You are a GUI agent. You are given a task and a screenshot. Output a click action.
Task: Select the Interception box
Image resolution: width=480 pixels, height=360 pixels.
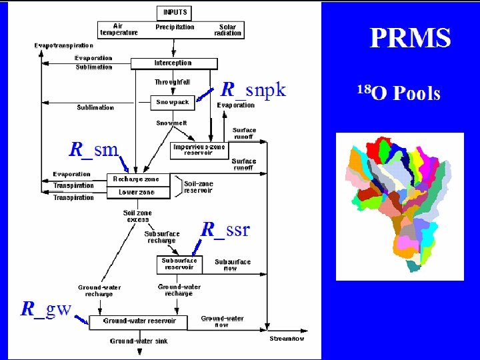(173, 63)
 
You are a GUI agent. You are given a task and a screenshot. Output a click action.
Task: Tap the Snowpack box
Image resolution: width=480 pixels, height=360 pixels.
(173, 103)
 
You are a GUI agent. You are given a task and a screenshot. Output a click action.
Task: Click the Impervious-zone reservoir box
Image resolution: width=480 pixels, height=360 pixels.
(199, 149)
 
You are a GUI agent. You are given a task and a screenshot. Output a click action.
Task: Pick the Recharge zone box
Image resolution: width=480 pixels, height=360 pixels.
(136, 179)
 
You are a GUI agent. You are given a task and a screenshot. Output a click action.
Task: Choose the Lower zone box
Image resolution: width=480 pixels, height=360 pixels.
(136, 192)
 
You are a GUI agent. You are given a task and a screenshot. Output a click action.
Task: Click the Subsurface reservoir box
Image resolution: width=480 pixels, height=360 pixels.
(179, 264)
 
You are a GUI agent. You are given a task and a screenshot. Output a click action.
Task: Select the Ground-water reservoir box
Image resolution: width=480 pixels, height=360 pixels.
(139, 321)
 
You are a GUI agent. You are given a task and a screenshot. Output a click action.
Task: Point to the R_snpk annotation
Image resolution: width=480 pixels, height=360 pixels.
(253, 89)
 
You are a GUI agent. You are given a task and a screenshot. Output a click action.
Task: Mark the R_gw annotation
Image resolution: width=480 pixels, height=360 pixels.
(46, 309)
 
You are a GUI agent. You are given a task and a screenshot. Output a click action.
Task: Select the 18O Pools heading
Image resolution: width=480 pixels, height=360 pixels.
(399, 93)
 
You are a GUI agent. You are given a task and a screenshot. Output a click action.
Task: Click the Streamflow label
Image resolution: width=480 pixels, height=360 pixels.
(287, 339)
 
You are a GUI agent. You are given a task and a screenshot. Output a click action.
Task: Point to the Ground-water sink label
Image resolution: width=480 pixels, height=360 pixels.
(139, 341)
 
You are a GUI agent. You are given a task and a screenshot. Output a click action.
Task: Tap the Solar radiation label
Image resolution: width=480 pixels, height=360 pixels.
(227, 30)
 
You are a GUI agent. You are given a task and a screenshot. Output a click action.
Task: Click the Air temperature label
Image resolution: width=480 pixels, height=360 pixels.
(119, 29)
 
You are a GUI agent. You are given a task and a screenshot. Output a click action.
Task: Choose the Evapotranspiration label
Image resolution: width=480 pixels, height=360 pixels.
(64, 45)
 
